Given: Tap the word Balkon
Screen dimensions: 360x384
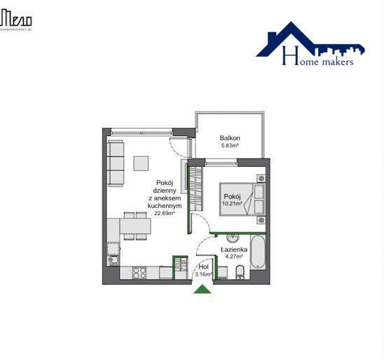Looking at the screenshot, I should pyautogui.click(x=231, y=138).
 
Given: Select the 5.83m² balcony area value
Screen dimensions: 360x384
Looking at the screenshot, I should pyautogui.click(x=231, y=146).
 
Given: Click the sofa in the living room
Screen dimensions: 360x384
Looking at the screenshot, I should pyautogui.click(x=116, y=164).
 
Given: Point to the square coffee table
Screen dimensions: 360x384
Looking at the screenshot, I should pyautogui.click(x=142, y=162).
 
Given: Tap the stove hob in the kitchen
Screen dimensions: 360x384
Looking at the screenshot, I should pyautogui.click(x=139, y=272).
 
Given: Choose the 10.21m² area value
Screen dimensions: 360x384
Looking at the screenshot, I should pyautogui.click(x=233, y=204).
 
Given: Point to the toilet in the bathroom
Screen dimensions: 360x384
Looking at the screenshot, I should pyautogui.click(x=240, y=272).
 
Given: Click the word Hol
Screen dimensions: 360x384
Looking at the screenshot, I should pyautogui.click(x=204, y=267).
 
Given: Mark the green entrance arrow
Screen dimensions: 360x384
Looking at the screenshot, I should pyautogui.click(x=203, y=288).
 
